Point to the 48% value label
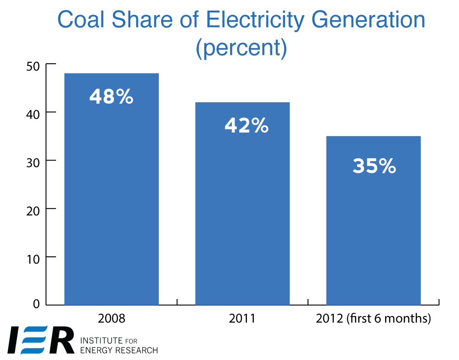point(112,97)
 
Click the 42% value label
point(246,126)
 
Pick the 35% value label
point(374,166)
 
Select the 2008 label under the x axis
point(112,319)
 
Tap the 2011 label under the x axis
point(242,319)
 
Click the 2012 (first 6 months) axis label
point(373,319)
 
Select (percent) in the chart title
point(241,48)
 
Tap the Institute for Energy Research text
point(118,346)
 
